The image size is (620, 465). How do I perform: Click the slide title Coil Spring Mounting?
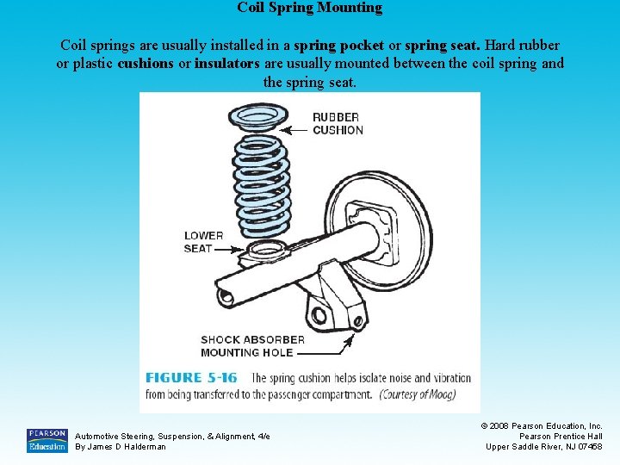(x=309, y=8)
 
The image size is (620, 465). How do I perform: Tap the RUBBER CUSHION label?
(x=338, y=123)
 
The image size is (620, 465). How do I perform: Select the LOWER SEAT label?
(x=203, y=242)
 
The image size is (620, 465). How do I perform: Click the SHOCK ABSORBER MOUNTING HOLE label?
(x=252, y=345)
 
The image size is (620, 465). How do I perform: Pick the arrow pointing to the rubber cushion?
(x=297, y=130)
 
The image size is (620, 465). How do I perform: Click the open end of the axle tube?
(x=226, y=297)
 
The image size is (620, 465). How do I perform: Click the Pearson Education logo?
(x=46, y=440)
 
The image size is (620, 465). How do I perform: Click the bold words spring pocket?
(x=338, y=44)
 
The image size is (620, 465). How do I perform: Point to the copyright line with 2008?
(x=542, y=425)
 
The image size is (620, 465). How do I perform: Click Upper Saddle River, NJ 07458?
(x=544, y=446)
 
